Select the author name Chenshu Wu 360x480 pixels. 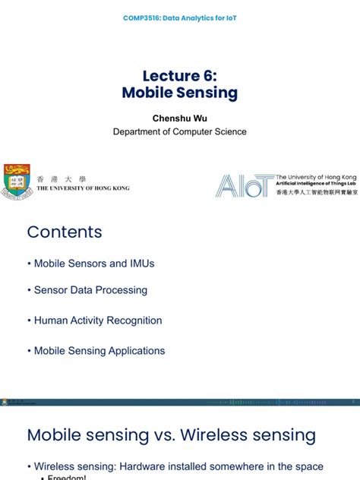tap(179, 118)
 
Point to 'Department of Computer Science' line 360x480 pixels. tap(180, 131)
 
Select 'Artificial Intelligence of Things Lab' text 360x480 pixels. tap(315, 183)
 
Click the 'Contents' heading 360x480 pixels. tap(65, 232)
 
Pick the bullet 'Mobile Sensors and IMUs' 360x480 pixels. tap(90, 264)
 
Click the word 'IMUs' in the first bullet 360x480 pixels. tap(141, 264)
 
